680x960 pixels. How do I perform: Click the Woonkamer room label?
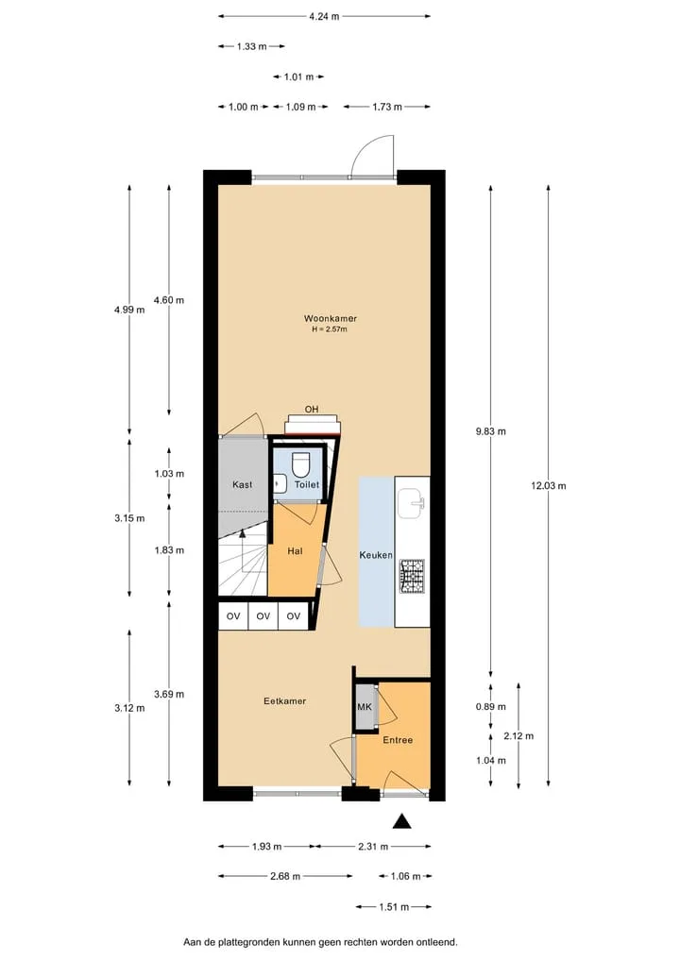point(331,318)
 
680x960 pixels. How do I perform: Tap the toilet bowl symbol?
point(300,464)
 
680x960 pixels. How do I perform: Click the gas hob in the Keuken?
point(412,576)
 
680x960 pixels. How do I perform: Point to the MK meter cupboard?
point(365,707)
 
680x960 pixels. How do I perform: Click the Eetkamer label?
point(285,701)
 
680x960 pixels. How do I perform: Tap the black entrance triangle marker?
point(402,821)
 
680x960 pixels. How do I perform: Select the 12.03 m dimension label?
point(549,486)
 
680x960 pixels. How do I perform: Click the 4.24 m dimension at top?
point(324,17)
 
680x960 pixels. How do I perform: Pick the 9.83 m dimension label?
point(491,431)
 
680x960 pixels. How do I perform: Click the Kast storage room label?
point(243,484)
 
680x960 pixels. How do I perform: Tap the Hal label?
point(296,551)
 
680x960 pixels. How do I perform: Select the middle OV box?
point(263,615)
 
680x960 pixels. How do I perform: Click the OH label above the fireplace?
point(312,409)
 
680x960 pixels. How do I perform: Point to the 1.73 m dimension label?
point(387,108)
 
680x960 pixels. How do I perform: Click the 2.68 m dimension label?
point(285,877)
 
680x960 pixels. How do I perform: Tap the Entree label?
point(398,740)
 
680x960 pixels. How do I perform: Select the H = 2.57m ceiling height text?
point(330,329)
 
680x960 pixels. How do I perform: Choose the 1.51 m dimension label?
point(394,907)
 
